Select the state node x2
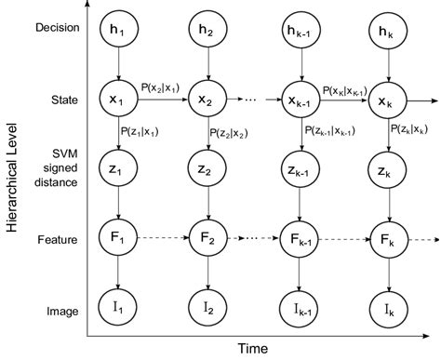pyautogui.click(x=207, y=98)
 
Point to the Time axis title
pyautogui.click(x=253, y=349)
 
